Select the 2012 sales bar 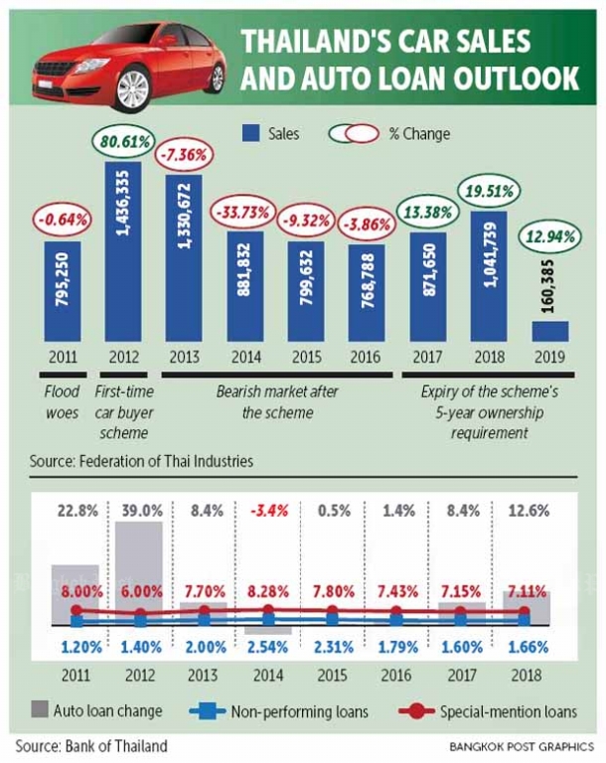tap(124, 253)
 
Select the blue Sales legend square tap(250, 133)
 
